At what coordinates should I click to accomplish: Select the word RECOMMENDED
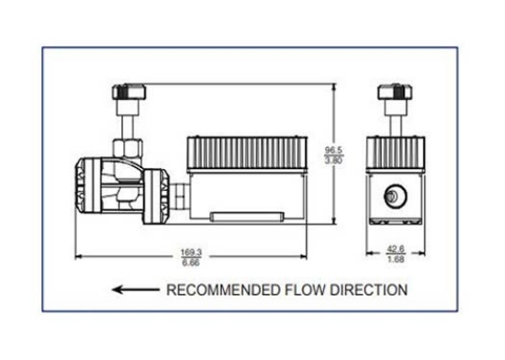pyautogui.click(x=220, y=291)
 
